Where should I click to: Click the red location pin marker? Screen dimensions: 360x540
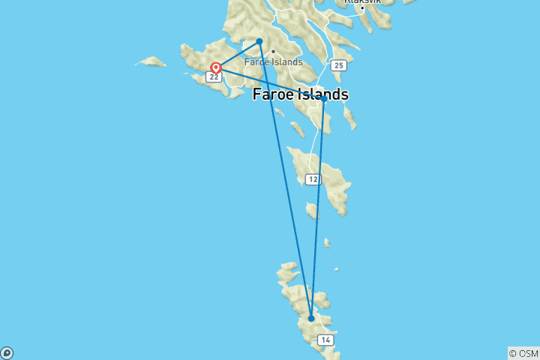tap(215, 67)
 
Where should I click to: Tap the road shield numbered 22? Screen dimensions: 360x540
tap(214, 77)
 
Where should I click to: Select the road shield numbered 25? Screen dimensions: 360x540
tap(339, 66)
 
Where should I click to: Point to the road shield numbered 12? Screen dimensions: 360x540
tap(313, 179)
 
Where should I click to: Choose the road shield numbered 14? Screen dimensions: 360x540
tap(325, 340)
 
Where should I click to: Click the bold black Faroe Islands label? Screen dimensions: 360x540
tap(300, 94)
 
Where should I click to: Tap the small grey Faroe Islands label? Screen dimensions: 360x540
tap(273, 61)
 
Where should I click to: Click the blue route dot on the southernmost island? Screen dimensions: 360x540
tap(311, 319)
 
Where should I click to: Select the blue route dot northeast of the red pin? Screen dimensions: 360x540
tap(259, 41)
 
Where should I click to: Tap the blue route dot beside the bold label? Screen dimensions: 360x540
tap(323, 98)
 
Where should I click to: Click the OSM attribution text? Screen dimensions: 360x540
tap(523, 353)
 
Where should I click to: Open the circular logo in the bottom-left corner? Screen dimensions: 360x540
tap(6, 353)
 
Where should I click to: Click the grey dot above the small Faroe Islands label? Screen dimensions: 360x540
tap(273, 52)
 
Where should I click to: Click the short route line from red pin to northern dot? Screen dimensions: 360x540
tap(237, 55)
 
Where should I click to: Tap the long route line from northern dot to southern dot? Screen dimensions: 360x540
tap(285, 180)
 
